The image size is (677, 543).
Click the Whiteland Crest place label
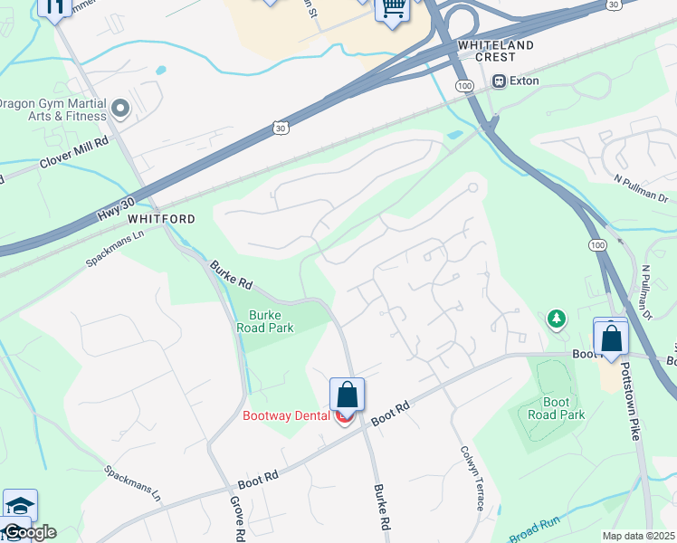click(495, 51)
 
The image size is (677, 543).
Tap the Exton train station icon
click(499, 81)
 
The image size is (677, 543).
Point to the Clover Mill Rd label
click(73, 153)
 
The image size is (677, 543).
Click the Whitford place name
click(162, 219)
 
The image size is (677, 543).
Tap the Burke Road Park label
click(271, 321)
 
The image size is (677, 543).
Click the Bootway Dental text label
click(286, 416)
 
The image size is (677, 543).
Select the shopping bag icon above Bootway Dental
click(347, 395)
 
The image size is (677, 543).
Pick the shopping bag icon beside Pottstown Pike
click(611, 338)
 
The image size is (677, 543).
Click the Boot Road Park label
click(557, 409)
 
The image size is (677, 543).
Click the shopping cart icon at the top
click(392, 8)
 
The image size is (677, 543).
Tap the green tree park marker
click(556, 319)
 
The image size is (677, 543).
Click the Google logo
click(29, 532)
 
